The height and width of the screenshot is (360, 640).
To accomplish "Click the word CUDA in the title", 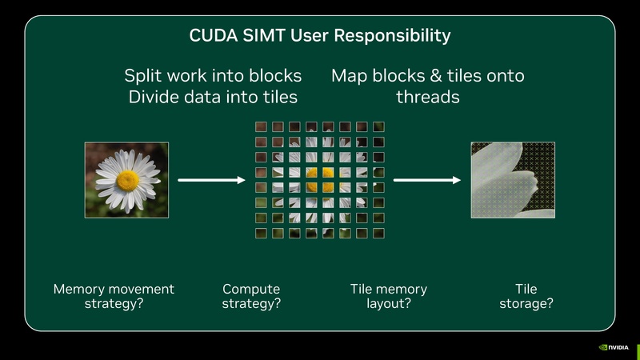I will click(212, 36).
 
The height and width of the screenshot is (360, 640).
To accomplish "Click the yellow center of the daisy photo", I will click(127, 179).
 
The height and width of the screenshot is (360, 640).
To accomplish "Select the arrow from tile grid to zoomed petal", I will click(427, 180).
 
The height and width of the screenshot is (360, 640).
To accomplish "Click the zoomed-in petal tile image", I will click(512, 179).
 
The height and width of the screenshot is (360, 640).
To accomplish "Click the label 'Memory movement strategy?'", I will click(113, 296).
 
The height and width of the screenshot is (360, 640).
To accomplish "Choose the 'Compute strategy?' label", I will click(251, 296).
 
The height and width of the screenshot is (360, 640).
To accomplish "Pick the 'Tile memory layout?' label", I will click(389, 296).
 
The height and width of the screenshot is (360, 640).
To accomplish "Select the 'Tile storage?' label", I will click(526, 296).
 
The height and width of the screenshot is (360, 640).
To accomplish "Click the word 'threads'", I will click(428, 97).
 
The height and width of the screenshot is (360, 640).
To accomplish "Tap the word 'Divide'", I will click(151, 97).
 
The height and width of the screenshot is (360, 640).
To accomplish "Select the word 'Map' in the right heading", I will click(349, 76).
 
